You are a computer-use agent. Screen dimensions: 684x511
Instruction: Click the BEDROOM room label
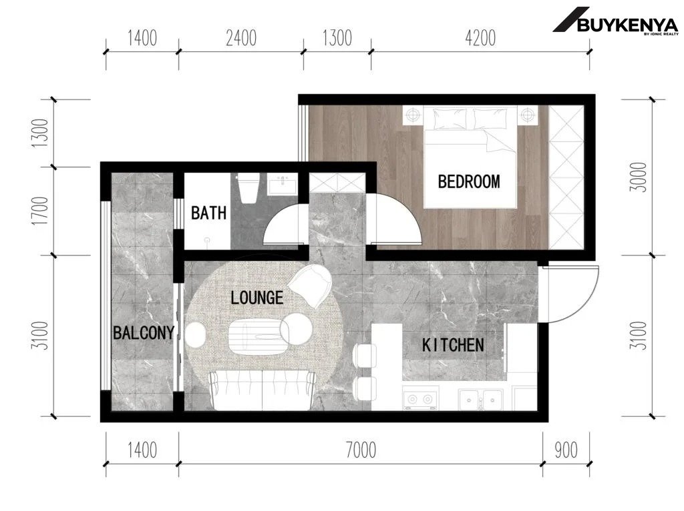click(469, 181)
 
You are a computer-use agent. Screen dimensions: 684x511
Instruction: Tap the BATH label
click(209, 213)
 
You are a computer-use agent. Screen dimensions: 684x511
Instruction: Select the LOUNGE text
click(257, 298)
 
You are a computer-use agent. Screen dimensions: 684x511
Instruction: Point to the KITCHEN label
click(453, 345)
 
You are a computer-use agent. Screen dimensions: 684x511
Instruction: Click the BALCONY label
click(144, 333)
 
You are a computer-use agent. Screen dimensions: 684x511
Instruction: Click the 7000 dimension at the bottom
click(361, 450)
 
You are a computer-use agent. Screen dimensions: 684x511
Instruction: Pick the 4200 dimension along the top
click(480, 38)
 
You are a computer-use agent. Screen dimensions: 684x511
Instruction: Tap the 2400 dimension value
click(240, 38)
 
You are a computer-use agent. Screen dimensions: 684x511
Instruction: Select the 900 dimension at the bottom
click(566, 450)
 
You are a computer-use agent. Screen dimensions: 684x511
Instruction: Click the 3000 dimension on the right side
click(638, 177)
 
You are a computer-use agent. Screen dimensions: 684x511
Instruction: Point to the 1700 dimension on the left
click(39, 211)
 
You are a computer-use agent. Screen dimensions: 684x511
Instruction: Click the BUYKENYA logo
click(616, 21)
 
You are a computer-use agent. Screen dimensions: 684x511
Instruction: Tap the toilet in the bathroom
click(248, 187)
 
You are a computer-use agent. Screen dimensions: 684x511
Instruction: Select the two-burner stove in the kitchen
click(419, 399)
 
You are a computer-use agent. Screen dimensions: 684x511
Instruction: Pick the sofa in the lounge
click(262, 390)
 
